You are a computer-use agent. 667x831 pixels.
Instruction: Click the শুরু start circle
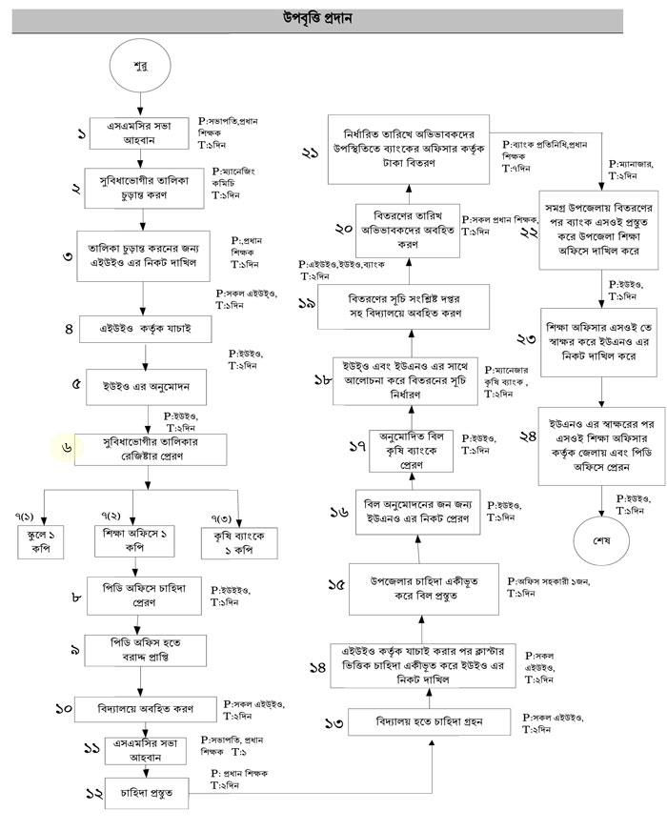tap(141, 69)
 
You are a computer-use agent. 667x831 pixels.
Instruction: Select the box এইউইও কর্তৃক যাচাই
tap(144, 329)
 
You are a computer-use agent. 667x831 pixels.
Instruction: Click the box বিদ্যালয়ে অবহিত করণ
tap(145, 709)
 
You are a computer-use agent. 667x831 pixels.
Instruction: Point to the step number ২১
tap(310, 152)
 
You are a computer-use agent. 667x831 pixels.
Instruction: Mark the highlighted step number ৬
tap(68, 446)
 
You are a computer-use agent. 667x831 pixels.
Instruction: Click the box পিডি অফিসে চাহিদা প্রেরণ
tap(146, 597)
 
